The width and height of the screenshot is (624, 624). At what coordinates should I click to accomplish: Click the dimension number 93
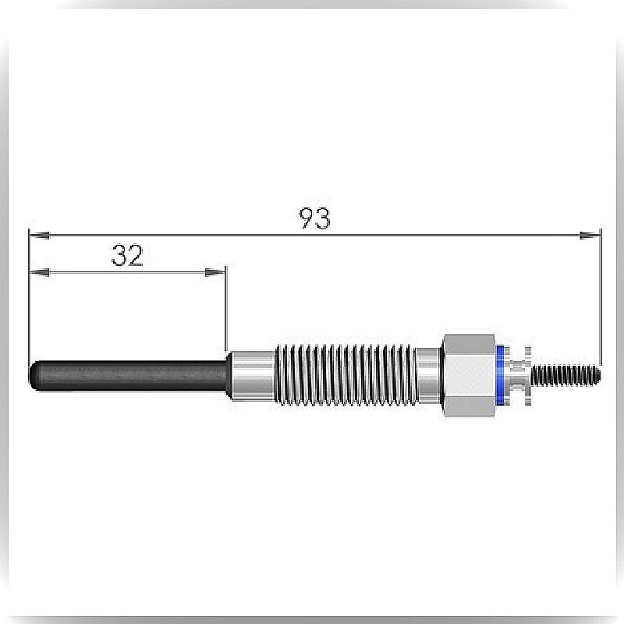[315, 218]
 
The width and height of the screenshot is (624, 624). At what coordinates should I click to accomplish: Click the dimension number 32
[127, 256]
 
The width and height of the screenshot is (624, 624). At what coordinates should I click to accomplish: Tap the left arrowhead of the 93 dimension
[40, 236]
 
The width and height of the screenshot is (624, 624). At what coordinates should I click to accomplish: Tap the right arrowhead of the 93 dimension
[590, 236]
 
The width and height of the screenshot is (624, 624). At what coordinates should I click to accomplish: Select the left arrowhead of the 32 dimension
[40, 272]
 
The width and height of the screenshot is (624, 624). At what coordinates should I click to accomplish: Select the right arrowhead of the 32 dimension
[214, 272]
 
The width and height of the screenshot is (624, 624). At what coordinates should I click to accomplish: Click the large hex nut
[470, 376]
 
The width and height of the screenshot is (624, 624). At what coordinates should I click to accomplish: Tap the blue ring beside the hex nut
[500, 376]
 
